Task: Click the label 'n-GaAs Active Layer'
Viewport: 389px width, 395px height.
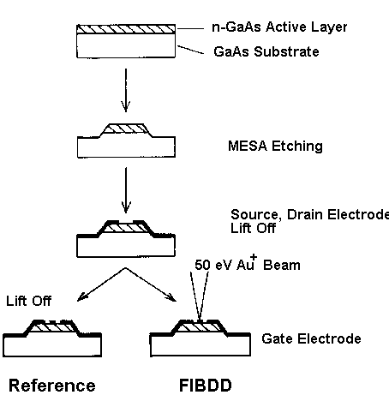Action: coord(279,27)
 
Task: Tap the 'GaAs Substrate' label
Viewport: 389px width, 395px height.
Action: coord(266,51)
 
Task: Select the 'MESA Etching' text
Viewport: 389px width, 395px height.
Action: coord(275,147)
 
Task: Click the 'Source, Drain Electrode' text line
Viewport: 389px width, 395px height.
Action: coord(309,215)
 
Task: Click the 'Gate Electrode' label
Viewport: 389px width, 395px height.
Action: coord(311,338)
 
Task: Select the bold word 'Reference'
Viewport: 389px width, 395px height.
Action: coord(52,386)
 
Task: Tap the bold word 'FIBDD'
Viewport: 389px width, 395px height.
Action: coord(206,386)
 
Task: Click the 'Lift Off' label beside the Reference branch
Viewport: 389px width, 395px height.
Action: coord(28,301)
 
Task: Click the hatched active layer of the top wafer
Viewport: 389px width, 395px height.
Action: coord(126,29)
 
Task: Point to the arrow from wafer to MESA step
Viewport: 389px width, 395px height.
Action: coord(126,90)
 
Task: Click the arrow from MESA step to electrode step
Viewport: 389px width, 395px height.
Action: coord(126,190)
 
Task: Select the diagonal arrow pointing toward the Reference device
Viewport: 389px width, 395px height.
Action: coord(101,284)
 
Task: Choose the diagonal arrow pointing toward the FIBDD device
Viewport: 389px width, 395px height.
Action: coord(151,284)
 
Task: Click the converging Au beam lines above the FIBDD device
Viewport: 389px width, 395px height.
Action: coord(200,296)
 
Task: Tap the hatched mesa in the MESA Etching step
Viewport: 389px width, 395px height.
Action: coord(126,129)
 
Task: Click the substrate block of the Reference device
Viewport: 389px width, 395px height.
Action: coord(52,345)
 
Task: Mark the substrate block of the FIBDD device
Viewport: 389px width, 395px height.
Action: coord(200,345)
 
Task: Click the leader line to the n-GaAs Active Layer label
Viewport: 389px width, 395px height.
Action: coord(190,28)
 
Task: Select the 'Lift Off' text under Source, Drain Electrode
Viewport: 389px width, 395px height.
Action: coord(253,228)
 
